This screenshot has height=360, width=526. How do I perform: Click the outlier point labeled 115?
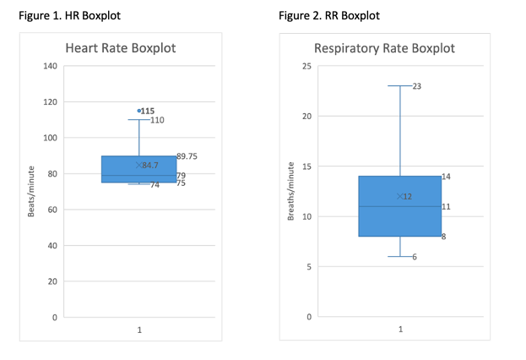[x=139, y=111]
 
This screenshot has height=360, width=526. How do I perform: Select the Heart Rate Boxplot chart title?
[x=133, y=48]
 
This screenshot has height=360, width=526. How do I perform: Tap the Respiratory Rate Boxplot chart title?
[x=384, y=48]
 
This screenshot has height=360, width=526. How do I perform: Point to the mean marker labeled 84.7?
[x=139, y=165]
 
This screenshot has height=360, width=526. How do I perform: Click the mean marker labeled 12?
[x=399, y=196]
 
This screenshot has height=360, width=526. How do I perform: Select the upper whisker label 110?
[x=157, y=120]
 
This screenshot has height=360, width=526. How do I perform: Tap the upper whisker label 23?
[x=417, y=86]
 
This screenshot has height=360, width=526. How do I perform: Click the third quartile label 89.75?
[x=187, y=156]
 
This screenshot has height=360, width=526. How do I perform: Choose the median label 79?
[x=182, y=176]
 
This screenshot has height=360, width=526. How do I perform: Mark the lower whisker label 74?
[x=155, y=185]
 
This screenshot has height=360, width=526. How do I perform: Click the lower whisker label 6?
[x=415, y=257]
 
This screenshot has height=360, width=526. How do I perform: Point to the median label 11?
[x=446, y=206]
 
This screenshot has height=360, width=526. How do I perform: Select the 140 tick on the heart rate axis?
[x=50, y=66]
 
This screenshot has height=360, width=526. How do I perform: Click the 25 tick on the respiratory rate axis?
[x=307, y=66]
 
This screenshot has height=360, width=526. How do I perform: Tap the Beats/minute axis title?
[x=31, y=192]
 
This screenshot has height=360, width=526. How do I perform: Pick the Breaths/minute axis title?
[x=291, y=192]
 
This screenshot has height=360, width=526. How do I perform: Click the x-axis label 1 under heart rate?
[x=139, y=330]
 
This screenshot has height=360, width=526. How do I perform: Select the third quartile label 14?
[x=446, y=177]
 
